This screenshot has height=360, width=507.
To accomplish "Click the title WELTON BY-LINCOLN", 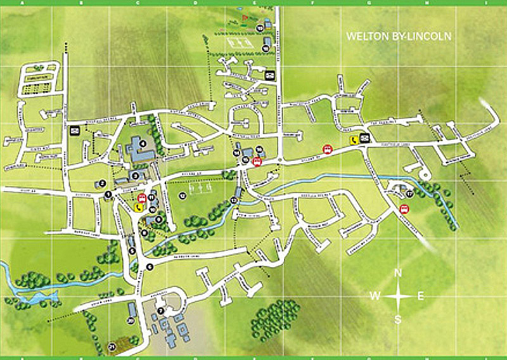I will (399, 36).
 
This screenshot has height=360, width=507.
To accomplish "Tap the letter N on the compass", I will (399, 274).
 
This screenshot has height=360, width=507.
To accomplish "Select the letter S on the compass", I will (398, 319).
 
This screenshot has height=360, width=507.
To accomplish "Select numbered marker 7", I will (161, 311).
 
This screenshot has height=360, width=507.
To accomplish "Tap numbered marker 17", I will (410, 193).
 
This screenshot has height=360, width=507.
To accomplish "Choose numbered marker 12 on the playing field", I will (183, 195).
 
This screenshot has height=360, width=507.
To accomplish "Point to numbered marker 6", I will (150, 267).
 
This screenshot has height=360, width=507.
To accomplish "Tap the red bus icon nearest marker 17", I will (404, 209).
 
